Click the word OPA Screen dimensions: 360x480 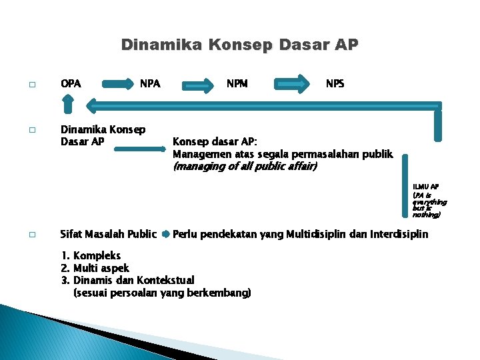click(x=71, y=84)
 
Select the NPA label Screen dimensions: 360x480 click(x=150, y=84)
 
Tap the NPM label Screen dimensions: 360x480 click(x=237, y=84)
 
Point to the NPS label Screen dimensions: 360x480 click(x=335, y=84)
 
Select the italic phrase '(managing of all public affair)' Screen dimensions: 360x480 click(x=245, y=167)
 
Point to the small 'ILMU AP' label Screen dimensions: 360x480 click(x=425, y=187)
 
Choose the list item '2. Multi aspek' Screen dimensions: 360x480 click(x=95, y=268)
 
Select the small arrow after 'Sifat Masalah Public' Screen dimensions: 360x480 click(x=165, y=234)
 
